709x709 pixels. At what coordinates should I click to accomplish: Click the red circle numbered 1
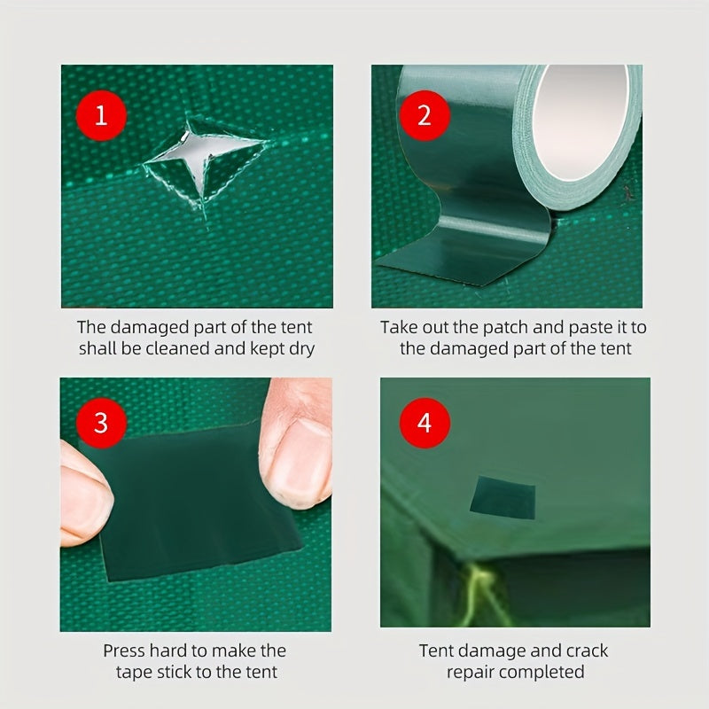point(100,115)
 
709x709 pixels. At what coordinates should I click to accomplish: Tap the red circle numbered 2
point(424,115)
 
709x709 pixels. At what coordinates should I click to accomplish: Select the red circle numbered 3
point(100,423)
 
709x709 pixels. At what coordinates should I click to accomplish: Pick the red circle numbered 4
point(424,423)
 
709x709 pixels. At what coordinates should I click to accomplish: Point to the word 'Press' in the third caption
point(124,651)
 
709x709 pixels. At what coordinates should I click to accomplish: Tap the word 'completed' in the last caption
point(541,673)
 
